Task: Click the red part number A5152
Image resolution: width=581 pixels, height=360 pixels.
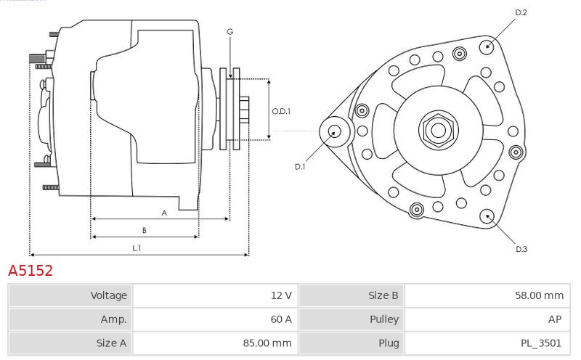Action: coord(31,271)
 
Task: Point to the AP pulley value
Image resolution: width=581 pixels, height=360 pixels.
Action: coord(556,319)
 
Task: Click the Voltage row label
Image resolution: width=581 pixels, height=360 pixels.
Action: coord(108,295)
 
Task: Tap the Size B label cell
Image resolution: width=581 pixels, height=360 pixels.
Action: coord(383,295)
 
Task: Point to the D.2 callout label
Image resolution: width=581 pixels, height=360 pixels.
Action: coord(521,12)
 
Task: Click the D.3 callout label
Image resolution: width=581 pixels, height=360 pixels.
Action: coord(521,249)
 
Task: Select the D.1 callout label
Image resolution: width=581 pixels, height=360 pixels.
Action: coord(300,167)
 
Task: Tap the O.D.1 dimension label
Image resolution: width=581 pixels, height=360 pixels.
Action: coord(281,111)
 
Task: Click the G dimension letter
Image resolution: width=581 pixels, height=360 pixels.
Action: coord(229,31)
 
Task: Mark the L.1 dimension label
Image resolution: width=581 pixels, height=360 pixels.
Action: coord(136,248)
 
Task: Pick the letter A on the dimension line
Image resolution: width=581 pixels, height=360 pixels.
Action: coord(164,213)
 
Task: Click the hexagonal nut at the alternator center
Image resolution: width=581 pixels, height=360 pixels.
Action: coord(438,131)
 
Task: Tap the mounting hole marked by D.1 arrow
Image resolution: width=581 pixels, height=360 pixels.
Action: coord(336,131)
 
